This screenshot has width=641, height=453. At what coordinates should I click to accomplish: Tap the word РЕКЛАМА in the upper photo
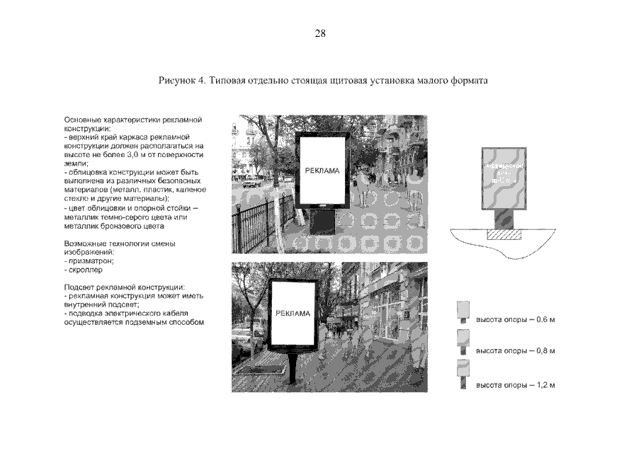pyautogui.click(x=322, y=171)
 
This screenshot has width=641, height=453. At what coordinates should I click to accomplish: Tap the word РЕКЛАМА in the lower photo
pyautogui.click(x=293, y=314)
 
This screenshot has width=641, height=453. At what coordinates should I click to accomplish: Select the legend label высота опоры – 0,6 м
pyautogui.click(x=515, y=320)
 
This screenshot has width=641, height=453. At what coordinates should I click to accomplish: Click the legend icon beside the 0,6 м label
pyautogui.click(x=464, y=312)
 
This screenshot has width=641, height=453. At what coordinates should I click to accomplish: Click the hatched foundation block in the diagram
pyautogui.click(x=501, y=233)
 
